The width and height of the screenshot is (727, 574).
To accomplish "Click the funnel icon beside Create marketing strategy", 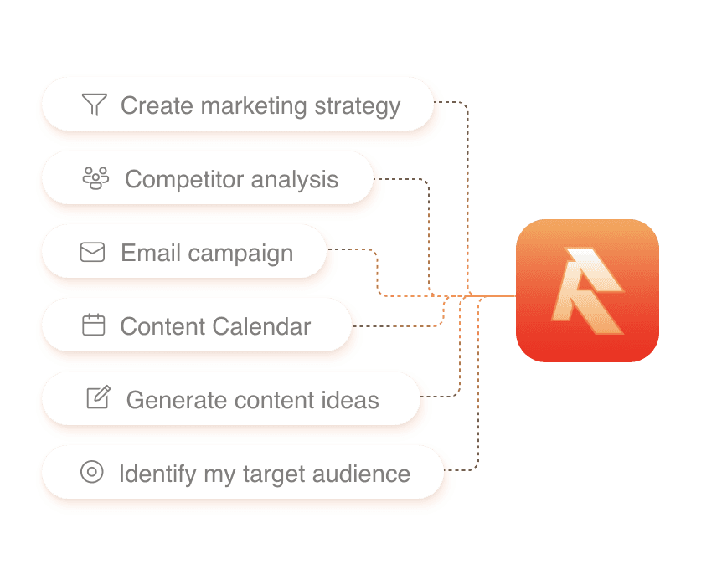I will (95, 105).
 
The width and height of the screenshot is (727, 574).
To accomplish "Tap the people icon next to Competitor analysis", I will (96, 178).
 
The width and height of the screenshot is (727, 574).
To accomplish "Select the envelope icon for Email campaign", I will (92, 252).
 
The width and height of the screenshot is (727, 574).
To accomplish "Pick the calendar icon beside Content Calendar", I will (94, 325).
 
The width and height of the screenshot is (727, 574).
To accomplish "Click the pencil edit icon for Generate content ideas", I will (98, 397).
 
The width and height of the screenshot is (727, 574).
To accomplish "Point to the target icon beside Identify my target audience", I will (91, 472).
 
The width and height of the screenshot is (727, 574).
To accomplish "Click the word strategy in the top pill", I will (358, 106).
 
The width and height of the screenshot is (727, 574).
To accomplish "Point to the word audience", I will (361, 474).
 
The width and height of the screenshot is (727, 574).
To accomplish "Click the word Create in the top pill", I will (156, 105).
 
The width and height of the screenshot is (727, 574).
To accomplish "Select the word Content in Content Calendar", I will (161, 326).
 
